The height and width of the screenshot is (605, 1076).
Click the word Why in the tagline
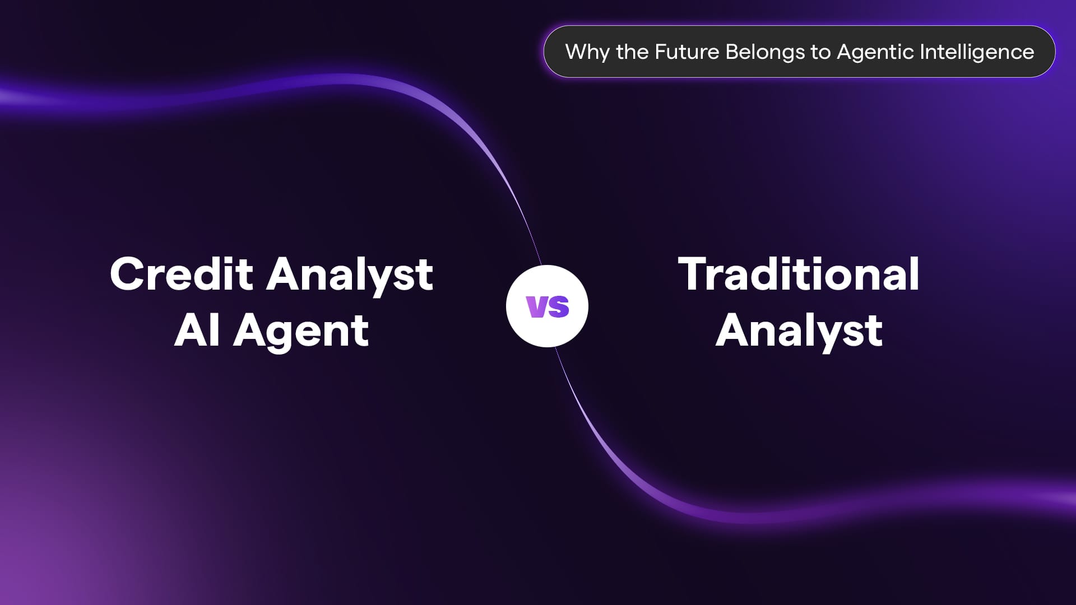tap(587, 53)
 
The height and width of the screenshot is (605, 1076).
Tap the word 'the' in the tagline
tap(632, 52)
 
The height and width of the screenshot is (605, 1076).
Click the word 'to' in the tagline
tap(820, 52)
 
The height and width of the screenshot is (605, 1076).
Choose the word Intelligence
tap(977, 53)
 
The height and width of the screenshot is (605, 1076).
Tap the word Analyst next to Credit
tap(350, 276)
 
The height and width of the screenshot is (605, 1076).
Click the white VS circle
tap(547, 306)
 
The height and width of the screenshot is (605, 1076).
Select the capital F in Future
tap(661, 52)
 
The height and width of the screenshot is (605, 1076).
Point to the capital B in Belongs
tap(732, 52)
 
